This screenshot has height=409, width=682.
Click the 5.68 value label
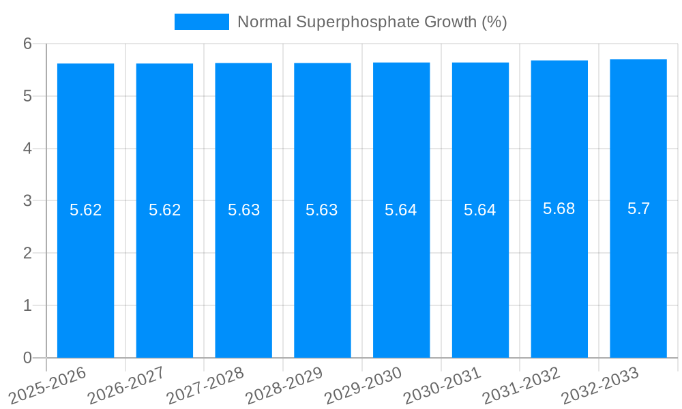click(x=559, y=209)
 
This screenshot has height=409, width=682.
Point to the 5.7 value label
click(x=638, y=209)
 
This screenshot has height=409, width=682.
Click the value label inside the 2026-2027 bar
click(x=165, y=210)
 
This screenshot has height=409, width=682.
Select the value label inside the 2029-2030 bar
click(x=401, y=210)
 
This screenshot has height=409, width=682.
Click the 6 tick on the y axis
click(x=28, y=44)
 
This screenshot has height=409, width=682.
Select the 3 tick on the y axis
click(x=28, y=201)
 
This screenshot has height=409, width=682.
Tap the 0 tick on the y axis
click(x=28, y=358)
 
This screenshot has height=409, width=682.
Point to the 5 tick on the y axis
click(x=28, y=96)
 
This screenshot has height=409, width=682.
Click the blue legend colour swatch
click(x=201, y=22)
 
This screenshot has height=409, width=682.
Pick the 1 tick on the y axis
click(x=28, y=305)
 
